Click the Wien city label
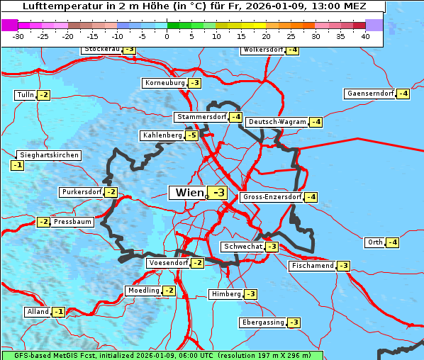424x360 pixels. pos(188,193)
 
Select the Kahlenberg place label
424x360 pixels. pos(162,135)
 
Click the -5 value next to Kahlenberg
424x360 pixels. pos(191,135)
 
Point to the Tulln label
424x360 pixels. pos(25,95)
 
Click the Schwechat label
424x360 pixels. pos(242,247)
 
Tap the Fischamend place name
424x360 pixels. pos(312,266)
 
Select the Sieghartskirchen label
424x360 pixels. pos(49,155)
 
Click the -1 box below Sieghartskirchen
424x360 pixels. pos(18,165)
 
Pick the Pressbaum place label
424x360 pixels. pos(72,222)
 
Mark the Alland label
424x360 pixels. pos(38,312)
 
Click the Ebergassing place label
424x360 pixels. pos(262,322)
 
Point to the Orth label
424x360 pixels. pos(374,242)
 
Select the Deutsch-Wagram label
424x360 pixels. pos(277,122)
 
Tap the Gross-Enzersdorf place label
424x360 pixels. pos(272,197)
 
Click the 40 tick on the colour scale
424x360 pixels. pos(365,37)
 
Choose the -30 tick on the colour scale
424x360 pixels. pos(19,37)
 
